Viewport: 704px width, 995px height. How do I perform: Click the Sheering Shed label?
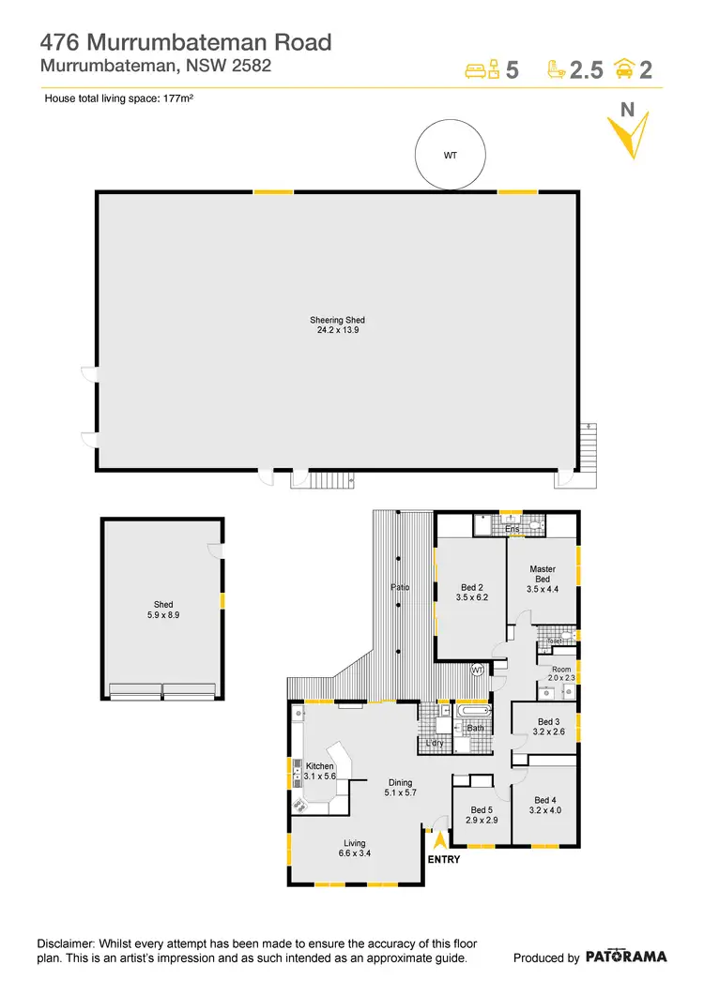[337, 321]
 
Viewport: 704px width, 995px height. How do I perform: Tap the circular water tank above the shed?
[450, 156]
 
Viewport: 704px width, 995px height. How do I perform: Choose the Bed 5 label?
[481, 810]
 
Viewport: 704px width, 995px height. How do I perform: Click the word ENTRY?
[443, 859]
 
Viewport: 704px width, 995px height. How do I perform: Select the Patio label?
[400, 588]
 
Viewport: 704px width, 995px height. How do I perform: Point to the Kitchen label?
[320, 766]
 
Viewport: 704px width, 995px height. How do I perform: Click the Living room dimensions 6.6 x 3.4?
[354, 853]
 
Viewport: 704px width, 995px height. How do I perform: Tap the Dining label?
[401, 782]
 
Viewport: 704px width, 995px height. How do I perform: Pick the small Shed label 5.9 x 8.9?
[163, 611]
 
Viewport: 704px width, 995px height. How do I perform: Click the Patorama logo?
[626, 957]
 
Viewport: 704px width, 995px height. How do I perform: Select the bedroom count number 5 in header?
[512, 70]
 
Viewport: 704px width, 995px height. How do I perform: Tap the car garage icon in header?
[622, 68]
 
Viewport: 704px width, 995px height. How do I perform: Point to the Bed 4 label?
[545, 800]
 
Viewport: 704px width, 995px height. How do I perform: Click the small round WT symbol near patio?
[477, 670]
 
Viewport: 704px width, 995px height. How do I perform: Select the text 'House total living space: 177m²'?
[119, 98]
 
